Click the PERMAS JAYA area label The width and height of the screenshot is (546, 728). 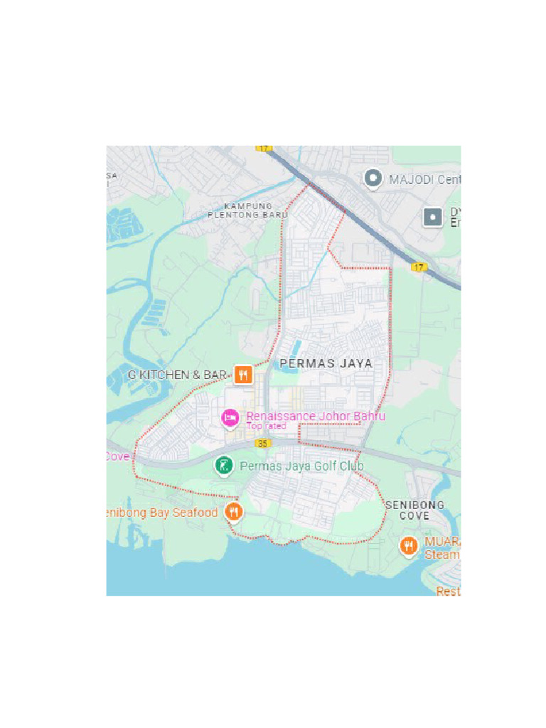326,363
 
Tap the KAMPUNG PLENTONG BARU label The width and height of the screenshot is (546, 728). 247,210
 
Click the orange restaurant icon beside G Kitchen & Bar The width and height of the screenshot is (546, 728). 243,375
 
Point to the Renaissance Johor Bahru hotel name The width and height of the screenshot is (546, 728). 315,416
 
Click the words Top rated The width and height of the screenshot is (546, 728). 266,426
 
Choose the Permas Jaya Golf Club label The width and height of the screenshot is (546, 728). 302,466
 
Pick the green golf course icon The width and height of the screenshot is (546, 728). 223,466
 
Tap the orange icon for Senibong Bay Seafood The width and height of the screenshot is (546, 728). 232,511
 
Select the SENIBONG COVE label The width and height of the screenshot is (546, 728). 414,510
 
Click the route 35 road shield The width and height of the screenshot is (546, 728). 264,444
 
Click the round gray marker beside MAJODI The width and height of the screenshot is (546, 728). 372,178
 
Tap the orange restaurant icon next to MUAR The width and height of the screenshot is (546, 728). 408,545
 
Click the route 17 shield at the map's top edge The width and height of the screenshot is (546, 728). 264,148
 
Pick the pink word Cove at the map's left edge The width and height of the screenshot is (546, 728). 117,456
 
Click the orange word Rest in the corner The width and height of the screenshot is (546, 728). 448,591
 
